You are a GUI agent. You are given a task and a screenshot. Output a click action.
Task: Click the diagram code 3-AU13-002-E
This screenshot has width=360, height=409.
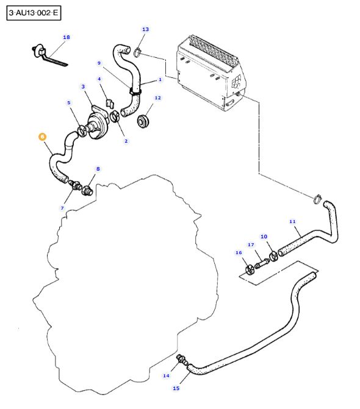point(34,13)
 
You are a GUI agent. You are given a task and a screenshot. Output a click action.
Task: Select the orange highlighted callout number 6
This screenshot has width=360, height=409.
point(42,137)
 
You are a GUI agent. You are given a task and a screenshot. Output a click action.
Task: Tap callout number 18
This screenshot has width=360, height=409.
point(67,37)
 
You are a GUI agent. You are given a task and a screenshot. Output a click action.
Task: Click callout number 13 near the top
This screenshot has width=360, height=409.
point(145,29)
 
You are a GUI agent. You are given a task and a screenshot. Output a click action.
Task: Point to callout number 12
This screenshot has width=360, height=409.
point(157,98)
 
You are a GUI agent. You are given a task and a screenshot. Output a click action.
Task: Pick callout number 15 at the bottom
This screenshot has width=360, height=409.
point(176,388)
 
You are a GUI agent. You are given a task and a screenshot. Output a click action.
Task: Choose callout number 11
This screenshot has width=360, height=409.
point(292,221)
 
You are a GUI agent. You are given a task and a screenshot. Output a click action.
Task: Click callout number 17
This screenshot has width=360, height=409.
point(251,244)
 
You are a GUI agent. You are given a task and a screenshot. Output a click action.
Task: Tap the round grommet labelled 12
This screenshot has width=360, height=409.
point(143,122)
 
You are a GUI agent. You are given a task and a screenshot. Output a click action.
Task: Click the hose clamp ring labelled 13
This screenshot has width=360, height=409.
point(137,52)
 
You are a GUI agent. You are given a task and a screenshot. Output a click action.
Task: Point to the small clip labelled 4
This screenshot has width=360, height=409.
point(110,103)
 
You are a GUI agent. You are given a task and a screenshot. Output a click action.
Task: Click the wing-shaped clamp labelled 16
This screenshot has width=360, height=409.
point(250,269)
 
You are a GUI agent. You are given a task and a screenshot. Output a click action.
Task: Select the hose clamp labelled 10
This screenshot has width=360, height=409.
point(273,256)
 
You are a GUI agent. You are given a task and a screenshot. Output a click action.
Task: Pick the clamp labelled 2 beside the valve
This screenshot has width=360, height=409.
point(115,116)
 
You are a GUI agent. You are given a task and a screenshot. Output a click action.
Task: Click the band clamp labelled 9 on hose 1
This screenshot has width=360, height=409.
point(135,91)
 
